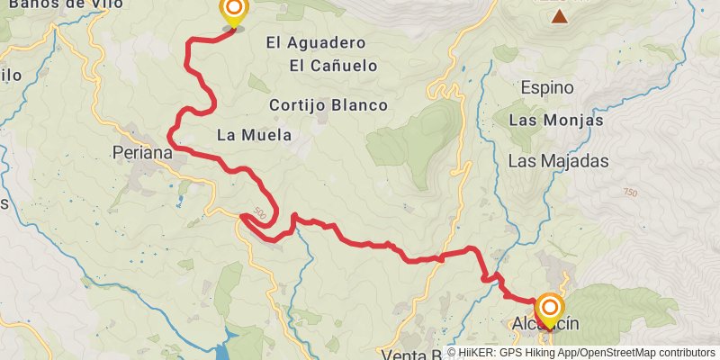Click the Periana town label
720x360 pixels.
click(143, 153)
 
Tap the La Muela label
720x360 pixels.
click(255, 136)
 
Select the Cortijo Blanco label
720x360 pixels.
click(328, 105)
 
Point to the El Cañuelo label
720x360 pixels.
click(333, 66)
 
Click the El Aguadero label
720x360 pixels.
click(316, 42)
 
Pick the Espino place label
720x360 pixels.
click(547, 87)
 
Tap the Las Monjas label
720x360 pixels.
click(555, 120)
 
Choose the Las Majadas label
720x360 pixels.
click(558, 162)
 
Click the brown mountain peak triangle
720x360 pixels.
click(560, 16)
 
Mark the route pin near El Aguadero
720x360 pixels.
click(233, 13)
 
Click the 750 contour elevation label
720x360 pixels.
click(629, 193)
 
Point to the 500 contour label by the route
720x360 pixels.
click(260, 214)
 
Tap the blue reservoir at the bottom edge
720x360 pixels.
click(230, 346)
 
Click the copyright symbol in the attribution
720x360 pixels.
click(452, 353)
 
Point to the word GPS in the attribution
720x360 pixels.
click(517, 353)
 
